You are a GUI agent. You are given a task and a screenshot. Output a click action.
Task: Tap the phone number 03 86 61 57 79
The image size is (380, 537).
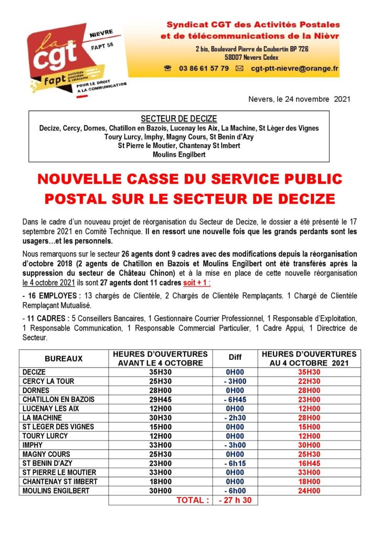point(204,68)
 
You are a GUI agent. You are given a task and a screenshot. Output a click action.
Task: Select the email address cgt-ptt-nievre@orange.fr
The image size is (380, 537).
point(294,68)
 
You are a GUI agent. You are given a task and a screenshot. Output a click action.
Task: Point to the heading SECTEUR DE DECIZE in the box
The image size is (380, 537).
point(179,119)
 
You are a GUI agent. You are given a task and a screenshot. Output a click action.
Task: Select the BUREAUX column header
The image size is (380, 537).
point(64,359)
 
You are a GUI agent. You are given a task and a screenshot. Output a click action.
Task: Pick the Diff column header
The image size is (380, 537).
point(235,359)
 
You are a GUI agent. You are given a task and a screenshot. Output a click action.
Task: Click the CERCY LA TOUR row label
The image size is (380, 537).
point(49,381)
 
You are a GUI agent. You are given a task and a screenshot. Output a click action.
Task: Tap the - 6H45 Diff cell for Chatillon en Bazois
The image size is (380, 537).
point(235,400)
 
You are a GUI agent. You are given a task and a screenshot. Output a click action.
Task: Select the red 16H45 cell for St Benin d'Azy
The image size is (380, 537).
point(309,464)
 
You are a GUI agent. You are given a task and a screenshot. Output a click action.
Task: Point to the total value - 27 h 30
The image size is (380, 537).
point(235,500)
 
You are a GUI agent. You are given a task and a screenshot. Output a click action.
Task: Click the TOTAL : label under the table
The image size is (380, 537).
point(193,500)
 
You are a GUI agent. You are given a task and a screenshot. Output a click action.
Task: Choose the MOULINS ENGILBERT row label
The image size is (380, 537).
point(56,491)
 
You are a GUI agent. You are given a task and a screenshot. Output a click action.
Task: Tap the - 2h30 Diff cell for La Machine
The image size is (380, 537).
point(235,418)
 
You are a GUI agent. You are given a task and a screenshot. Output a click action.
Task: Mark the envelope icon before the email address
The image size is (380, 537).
point(239,69)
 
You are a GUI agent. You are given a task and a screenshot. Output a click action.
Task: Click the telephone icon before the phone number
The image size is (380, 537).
point(168,68)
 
